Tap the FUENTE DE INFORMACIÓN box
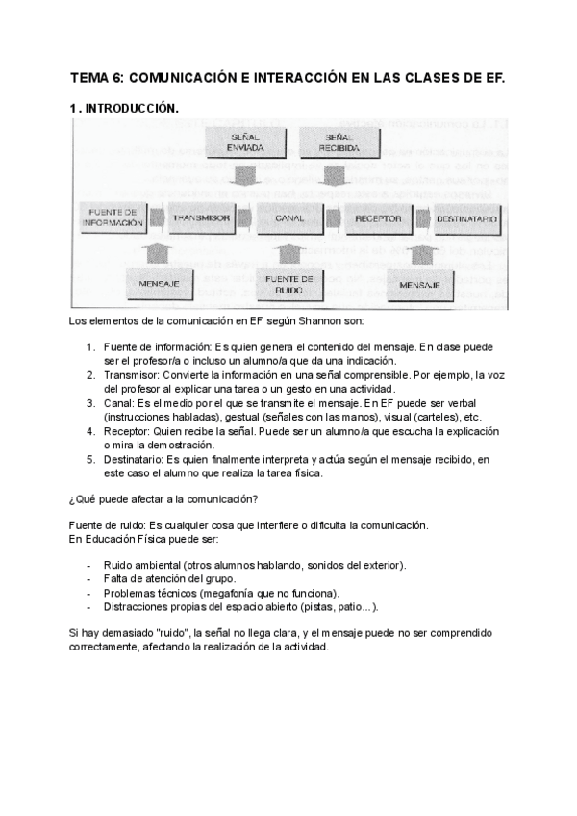[113, 217]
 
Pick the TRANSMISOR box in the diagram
[201, 218]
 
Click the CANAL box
[289, 219]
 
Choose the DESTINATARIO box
[465, 219]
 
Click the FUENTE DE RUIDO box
[285, 283]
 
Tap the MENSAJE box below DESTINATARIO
[419, 286]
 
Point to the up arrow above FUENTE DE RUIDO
[287, 252]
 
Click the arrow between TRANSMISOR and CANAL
[243, 219]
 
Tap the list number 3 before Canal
[90, 404]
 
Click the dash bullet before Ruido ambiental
[88, 563]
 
